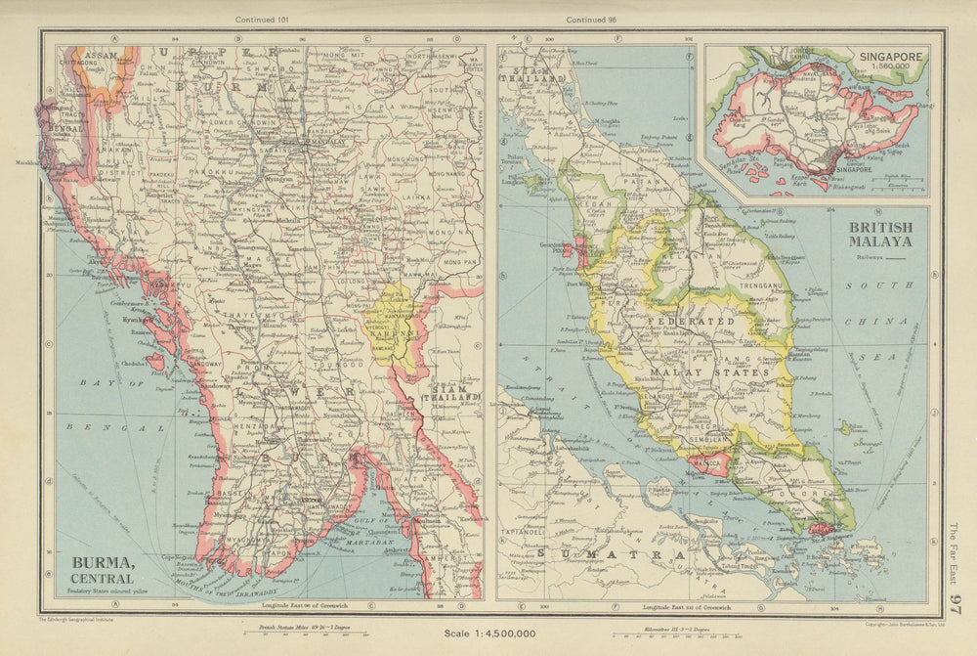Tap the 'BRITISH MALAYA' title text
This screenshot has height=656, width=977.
click(x=880, y=234)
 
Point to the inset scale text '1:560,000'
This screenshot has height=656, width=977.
click(x=891, y=68)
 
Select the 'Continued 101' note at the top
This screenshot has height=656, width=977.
click(x=263, y=19)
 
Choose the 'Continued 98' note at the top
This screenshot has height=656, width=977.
click(x=592, y=19)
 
